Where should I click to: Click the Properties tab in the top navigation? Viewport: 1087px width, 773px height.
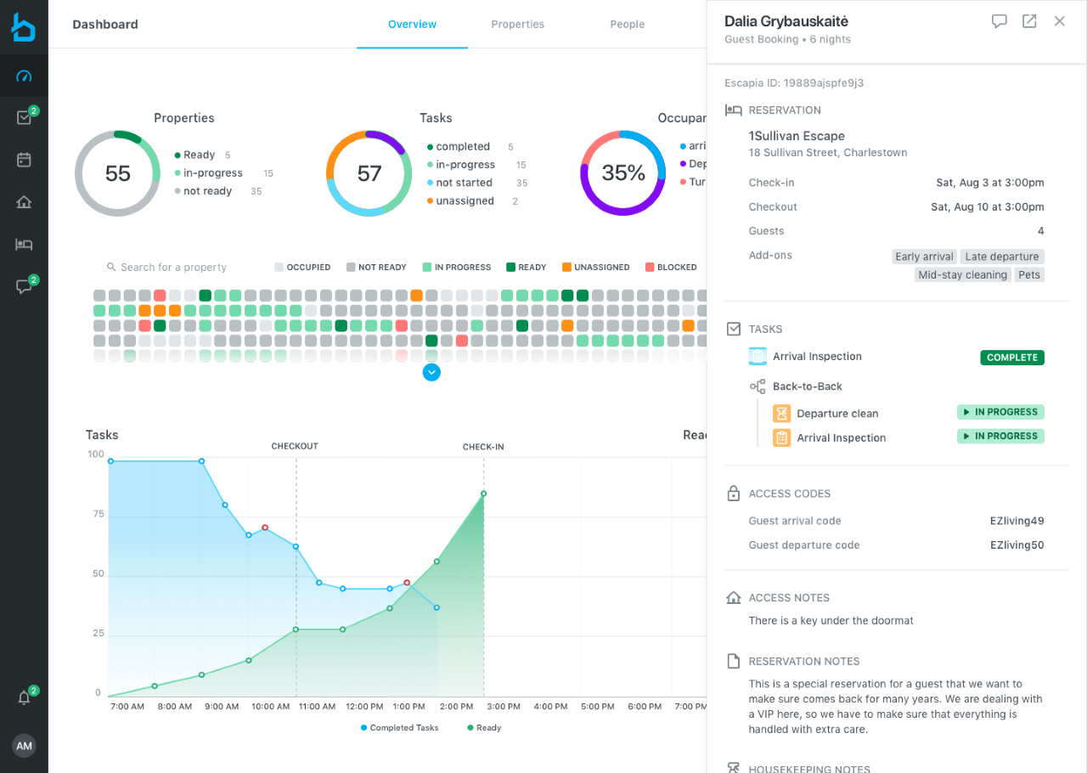(517, 25)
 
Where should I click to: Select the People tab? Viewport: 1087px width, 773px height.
(627, 25)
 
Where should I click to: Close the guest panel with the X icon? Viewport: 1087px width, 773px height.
(1059, 21)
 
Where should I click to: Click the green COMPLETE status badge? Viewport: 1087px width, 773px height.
(1011, 358)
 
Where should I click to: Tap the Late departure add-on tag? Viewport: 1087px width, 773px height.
(1001, 257)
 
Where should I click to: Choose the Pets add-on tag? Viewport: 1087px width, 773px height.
(1029, 275)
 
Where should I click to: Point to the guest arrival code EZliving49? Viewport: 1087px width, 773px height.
(1017, 521)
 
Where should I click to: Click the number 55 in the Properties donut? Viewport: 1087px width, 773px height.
(118, 173)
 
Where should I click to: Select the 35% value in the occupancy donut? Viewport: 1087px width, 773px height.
(623, 173)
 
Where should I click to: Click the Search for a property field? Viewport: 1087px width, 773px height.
(173, 268)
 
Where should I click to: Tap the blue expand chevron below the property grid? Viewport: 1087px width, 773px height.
(431, 372)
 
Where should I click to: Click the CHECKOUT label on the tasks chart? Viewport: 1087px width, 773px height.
(295, 446)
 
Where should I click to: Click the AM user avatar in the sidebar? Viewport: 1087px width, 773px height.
(24, 746)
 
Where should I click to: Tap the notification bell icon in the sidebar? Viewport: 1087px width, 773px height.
(24, 697)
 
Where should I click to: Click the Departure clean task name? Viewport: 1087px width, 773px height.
(837, 414)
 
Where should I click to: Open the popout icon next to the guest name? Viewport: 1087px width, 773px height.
(1029, 21)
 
